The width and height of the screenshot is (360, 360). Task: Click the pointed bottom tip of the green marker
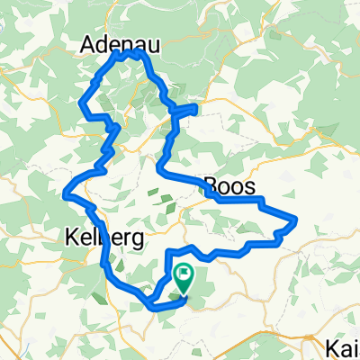pyautogui.click(x=184, y=292)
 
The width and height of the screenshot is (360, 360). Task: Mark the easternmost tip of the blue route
pyautogui.click(x=296, y=220)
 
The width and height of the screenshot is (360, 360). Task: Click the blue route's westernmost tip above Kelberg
pyautogui.click(x=65, y=192)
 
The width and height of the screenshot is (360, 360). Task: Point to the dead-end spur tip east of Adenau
pyautogui.click(x=194, y=106)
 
